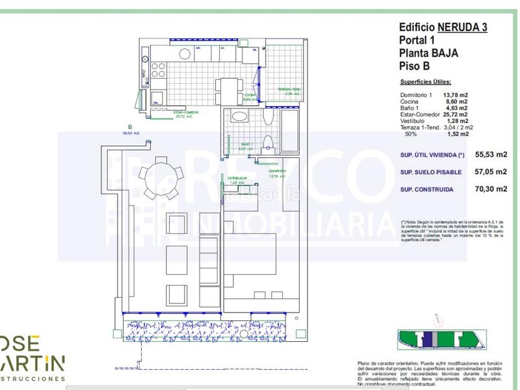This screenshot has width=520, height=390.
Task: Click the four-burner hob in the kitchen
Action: coord(158,70)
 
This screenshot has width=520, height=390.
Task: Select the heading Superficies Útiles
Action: coord(425,83)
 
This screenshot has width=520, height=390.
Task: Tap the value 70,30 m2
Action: coord(491,189)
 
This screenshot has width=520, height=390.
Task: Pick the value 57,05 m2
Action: coord(491,172)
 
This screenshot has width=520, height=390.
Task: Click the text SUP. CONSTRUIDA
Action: coord(430,189)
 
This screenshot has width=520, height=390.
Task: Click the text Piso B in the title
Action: coord(415,65)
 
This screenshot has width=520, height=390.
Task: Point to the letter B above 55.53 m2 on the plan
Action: coord(130,127)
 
